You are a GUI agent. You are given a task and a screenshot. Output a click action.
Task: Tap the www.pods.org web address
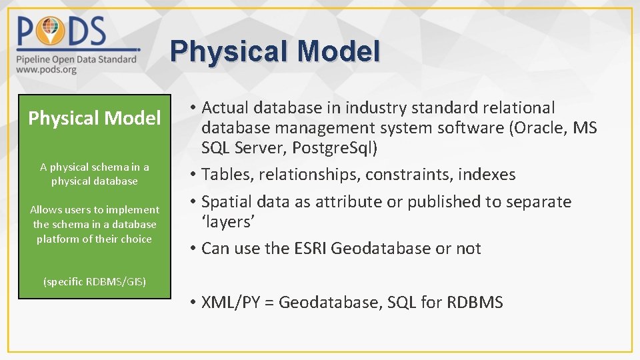click(x=47, y=69)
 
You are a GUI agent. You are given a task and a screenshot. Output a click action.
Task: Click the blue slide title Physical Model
click(x=275, y=51)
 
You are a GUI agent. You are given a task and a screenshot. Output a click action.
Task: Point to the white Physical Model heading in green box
click(x=95, y=119)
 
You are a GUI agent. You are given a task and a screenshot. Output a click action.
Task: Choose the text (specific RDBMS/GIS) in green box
click(x=95, y=281)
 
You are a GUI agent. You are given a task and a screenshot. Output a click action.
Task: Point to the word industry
click(x=376, y=107)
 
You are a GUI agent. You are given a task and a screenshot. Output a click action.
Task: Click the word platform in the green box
click(x=59, y=239)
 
